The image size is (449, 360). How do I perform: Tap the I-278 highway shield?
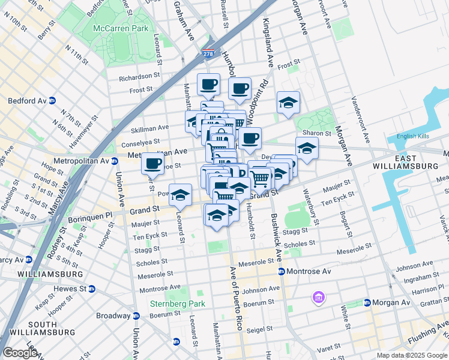(208, 54)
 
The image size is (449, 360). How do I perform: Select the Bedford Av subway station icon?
(52, 101)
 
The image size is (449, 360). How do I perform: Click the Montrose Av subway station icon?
(281, 272)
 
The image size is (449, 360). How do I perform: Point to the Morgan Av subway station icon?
(367, 302)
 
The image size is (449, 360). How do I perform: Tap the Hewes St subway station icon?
(92, 288)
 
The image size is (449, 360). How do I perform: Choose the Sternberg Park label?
(178, 304)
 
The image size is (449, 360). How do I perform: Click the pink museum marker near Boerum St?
(318, 297)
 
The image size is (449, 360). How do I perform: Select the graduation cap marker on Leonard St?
(179, 194)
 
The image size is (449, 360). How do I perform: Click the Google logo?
(20, 353)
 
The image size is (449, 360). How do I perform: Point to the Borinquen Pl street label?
(92, 214)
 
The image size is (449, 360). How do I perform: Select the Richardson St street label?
(139, 77)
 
